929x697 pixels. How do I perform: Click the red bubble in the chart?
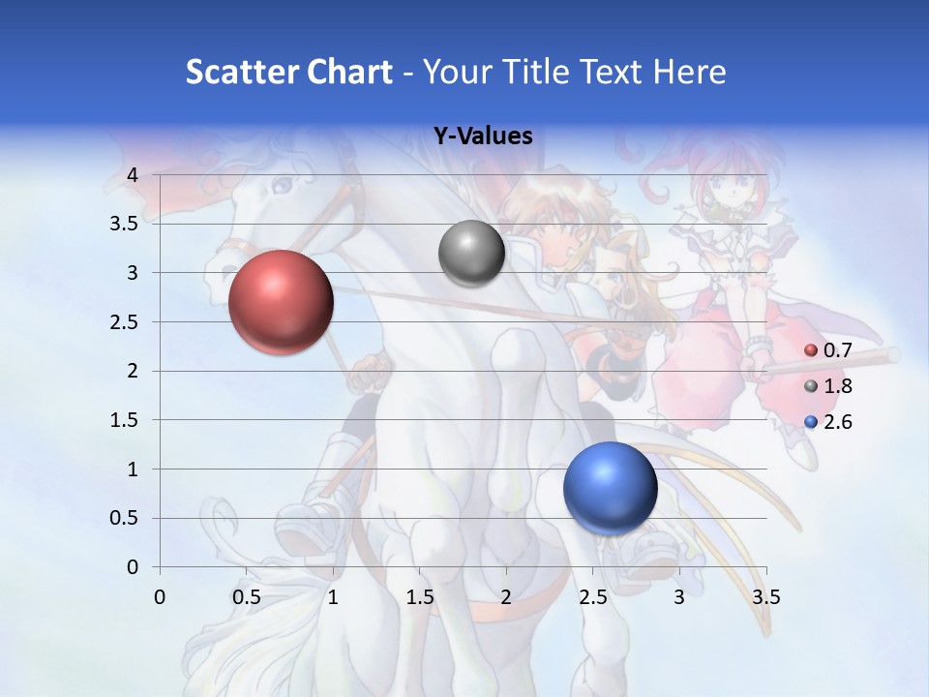281,302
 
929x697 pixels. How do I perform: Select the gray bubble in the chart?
471,254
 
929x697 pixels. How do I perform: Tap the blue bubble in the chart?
610,489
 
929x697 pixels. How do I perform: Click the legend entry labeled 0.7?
837,350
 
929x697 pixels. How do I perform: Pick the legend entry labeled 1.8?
837,386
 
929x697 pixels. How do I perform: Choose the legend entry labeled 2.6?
837,422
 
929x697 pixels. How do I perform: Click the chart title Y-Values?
483,136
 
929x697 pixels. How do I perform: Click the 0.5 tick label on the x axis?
247,597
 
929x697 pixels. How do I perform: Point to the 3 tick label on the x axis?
678,597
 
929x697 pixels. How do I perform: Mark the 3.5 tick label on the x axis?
765,597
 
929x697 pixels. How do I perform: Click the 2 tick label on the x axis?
506,597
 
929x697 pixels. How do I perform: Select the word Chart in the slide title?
348,72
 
